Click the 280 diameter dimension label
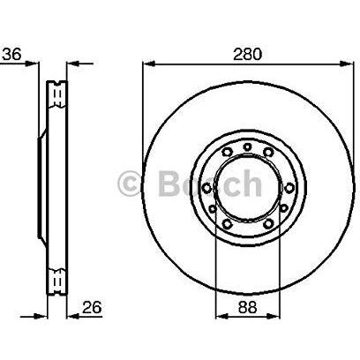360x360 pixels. [247, 55]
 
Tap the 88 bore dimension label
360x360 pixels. [247, 307]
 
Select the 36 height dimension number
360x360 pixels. [11, 55]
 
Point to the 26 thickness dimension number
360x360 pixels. [92, 307]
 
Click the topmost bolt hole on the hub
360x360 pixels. [248, 146]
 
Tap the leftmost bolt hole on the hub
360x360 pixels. [206, 188]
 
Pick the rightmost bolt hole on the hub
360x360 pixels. [289, 188]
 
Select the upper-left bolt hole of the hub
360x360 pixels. [227, 153]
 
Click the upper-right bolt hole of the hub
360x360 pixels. [268, 152]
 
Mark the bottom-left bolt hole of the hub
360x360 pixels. [227, 224]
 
